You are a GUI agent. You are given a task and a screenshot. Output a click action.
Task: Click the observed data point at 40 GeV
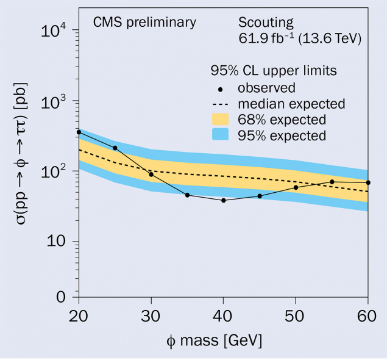pos(224,200)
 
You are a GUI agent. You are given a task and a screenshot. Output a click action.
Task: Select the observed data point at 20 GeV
pos(79,132)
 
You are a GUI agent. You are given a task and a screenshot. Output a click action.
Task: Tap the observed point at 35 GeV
pos(187,195)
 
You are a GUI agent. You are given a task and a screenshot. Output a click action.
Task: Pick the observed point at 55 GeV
pos(332,182)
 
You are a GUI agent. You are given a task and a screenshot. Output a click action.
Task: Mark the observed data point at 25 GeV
pos(115,148)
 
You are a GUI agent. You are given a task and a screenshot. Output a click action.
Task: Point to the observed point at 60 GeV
pos(368,182)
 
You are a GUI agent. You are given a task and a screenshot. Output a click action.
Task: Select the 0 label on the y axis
pos(62,297)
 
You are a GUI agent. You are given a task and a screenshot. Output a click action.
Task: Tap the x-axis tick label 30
pos(151,316)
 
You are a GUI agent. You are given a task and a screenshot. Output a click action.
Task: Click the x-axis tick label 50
pos(296,316)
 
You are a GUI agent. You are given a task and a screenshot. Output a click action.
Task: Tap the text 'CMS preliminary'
pos(144,23)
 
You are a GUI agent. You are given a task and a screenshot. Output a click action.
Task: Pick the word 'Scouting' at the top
pos(266,23)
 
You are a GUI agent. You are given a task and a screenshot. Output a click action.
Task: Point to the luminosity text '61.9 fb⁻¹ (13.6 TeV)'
pos(300,40)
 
